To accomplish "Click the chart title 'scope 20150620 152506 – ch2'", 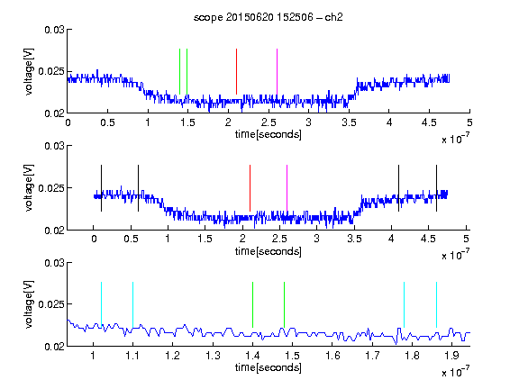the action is click(x=269, y=17).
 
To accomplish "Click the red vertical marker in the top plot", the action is click(x=236, y=71).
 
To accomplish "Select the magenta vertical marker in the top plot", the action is click(x=277, y=71).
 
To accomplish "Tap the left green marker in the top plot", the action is click(x=179, y=71).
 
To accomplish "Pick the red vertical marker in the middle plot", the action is click(x=250, y=188).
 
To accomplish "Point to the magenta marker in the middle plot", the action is click(x=287, y=188).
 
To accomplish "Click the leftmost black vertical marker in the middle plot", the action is click(x=101, y=188).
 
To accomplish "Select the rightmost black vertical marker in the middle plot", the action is click(x=436, y=188).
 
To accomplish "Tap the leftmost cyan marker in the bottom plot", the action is click(x=101, y=304).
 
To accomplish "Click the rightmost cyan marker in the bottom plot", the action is click(x=436, y=304).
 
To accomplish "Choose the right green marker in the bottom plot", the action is click(x=284, y=304).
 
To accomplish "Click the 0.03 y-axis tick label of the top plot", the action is click(x=54, y=30).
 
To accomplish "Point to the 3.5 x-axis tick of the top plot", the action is click(x=349, y=111).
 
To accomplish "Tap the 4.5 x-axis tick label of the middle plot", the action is click(x=428, y=239).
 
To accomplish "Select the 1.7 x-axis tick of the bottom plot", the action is click(x=372, y=344).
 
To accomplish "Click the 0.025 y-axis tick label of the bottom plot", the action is click(x=51, y=304).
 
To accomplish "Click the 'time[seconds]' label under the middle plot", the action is click(x=269, y=251).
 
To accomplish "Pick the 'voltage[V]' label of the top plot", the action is click(x=29, y=72).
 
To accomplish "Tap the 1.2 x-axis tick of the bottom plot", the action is click(x=172, y=344).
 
